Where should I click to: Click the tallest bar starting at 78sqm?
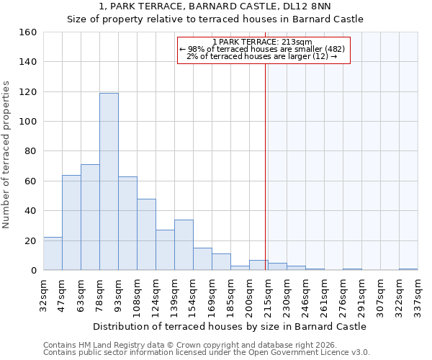pos(109,181)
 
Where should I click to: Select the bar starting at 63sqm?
pos(90,217)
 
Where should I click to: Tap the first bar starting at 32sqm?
pos(53,253)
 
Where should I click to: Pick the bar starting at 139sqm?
pos(184,245)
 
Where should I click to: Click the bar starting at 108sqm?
pos(146,235)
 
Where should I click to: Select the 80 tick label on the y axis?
pos(30,152)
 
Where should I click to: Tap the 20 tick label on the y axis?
pos(30,241)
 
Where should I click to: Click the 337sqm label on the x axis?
pos(418,295)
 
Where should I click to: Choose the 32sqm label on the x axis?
pos(43,295)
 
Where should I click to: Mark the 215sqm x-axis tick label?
pos(268,295)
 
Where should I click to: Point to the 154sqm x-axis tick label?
pos(193,295)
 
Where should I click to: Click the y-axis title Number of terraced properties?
pos(7,155)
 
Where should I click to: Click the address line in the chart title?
pos(215,6)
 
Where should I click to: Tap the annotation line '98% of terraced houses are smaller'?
pos(264,49)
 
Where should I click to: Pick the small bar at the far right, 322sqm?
pos(408,269)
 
